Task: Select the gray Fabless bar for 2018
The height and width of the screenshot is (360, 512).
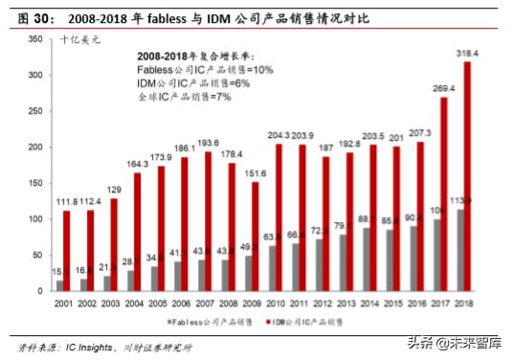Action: pos(461,250)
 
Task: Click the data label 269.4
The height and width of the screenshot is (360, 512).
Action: pos(444,88)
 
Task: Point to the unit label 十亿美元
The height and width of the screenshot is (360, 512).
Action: pos(78,39)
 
